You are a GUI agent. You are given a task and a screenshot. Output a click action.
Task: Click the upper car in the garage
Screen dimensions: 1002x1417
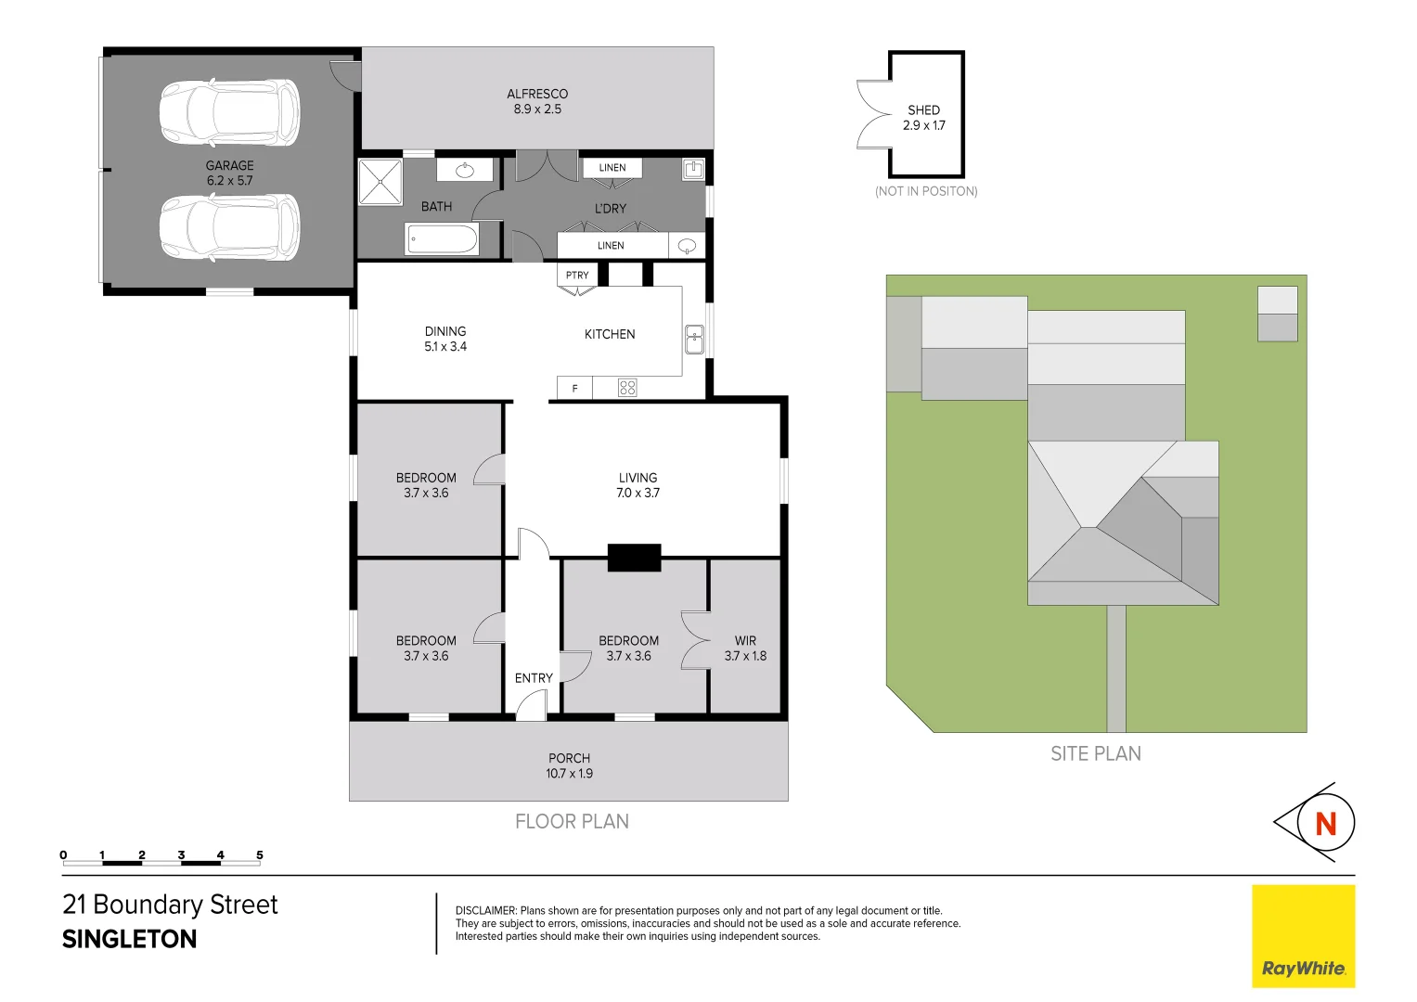(x=229, y=112)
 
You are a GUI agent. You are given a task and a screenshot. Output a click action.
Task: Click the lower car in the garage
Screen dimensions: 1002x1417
(x=229, y=227)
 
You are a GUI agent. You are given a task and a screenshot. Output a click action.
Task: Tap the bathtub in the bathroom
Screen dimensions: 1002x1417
(x=443, y=239)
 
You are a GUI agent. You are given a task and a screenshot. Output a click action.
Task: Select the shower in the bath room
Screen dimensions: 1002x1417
(x=380, y=182)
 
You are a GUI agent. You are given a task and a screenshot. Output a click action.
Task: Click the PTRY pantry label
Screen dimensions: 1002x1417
(x=577, y=276)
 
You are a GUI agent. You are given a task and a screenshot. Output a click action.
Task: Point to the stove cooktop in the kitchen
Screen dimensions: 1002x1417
(x=627, y=388)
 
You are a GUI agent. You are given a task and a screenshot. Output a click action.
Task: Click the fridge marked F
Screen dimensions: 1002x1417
(x=574, y=388)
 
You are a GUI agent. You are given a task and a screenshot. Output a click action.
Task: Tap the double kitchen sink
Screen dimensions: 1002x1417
(x=694, y=340)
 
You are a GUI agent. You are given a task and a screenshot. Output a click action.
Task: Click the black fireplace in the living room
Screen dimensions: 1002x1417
(x=634, y=558)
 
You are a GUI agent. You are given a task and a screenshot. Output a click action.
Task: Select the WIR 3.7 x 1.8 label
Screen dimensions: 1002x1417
(x=745, y=649)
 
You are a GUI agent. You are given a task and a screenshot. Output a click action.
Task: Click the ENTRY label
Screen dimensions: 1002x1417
(x=534, y=678)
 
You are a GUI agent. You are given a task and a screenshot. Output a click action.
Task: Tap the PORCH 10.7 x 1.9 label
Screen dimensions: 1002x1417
(x=569, y=765)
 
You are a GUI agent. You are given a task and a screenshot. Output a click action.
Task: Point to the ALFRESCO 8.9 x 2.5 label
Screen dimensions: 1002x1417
(x=537, y=101)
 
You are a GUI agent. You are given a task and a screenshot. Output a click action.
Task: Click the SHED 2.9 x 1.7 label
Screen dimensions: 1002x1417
(x=924, y=118)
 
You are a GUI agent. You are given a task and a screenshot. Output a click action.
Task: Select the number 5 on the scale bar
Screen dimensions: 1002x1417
(x=260, y=854)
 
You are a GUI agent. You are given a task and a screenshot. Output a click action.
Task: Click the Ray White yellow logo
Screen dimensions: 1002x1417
(x=1303, y=935)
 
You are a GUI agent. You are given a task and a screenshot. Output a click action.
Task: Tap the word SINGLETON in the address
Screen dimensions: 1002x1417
(x=130, y=939)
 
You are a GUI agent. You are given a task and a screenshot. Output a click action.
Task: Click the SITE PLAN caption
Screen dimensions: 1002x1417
(x=1096, y=754)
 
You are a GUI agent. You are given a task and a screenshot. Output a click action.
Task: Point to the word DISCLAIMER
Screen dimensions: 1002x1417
(x=485, y=911)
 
